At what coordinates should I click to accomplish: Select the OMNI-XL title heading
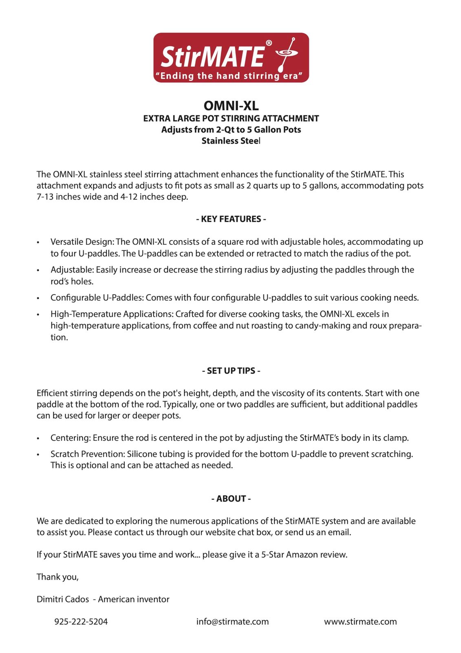pyautogui.click(x=231, y=106)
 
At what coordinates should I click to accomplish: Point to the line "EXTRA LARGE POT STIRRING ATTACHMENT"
pyautogui.click(x=231, y=119)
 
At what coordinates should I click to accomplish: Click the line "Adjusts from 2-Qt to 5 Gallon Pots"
pyautogui.click(x=231, y=130)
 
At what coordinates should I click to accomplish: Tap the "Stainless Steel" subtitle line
pyautogui.click(x=231, y=141)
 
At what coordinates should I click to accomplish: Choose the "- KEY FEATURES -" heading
pyautogui.click(x=231, y=219)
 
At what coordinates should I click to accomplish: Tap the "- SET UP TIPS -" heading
pyautogui.click(x=231, y=371)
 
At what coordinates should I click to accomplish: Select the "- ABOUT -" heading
pyautogui.click(x=231, y=499)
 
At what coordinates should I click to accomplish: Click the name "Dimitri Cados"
pyautogui.click(x=63, y=600)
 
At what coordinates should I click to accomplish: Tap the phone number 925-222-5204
pyautogui.click(x=81, y=622)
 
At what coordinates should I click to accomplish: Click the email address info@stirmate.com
pyautogui.click(x=232, y=622)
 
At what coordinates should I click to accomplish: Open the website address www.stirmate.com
pyautogui.click(x=360, y=622)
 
